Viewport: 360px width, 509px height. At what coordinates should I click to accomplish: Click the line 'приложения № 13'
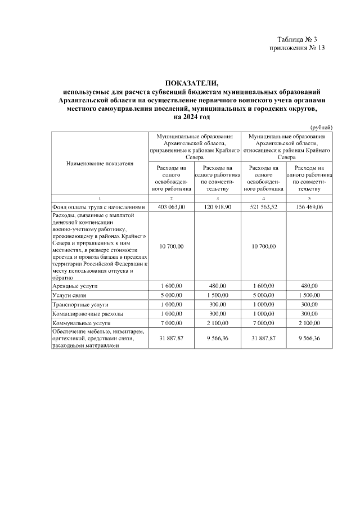298,48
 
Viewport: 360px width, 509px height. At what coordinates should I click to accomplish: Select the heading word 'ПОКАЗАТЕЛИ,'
191,83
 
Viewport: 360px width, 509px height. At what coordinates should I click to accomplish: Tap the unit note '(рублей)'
321,127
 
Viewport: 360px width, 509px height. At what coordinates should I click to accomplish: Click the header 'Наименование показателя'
100,164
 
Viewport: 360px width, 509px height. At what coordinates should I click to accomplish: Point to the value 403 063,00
171,207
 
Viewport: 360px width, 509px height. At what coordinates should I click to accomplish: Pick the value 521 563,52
263,207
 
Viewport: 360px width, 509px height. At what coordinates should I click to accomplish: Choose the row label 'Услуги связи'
69,295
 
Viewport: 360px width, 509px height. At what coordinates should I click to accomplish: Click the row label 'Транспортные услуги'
79,304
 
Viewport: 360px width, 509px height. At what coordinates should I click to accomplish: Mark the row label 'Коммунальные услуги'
81,323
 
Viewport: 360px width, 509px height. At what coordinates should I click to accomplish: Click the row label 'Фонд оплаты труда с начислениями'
99,207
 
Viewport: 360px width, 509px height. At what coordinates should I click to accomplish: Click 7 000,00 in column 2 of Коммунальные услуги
171,323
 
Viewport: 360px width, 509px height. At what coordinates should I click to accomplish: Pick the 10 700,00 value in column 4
263,246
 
